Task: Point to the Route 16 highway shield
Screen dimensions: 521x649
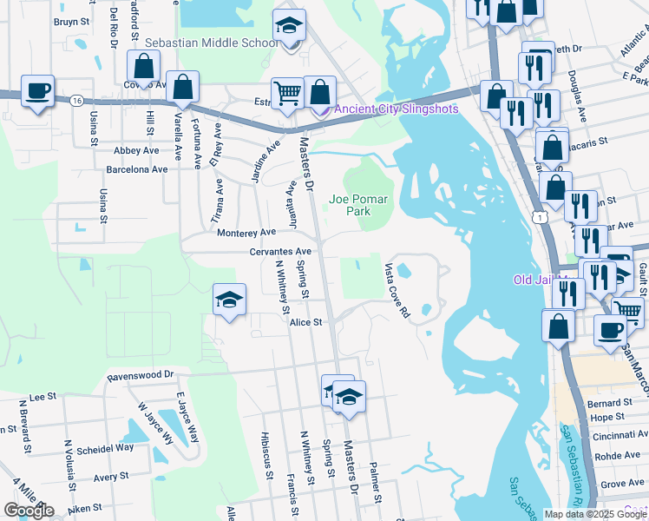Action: point(77,101)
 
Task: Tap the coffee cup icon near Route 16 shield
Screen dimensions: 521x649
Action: point(37,90)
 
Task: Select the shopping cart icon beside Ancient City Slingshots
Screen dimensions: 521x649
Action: point(286,91)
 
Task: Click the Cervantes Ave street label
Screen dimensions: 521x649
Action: point(255,252)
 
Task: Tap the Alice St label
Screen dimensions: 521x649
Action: point(306,321)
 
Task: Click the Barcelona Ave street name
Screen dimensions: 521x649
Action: point(137,169)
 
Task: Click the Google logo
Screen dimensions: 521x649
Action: point(29,511)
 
